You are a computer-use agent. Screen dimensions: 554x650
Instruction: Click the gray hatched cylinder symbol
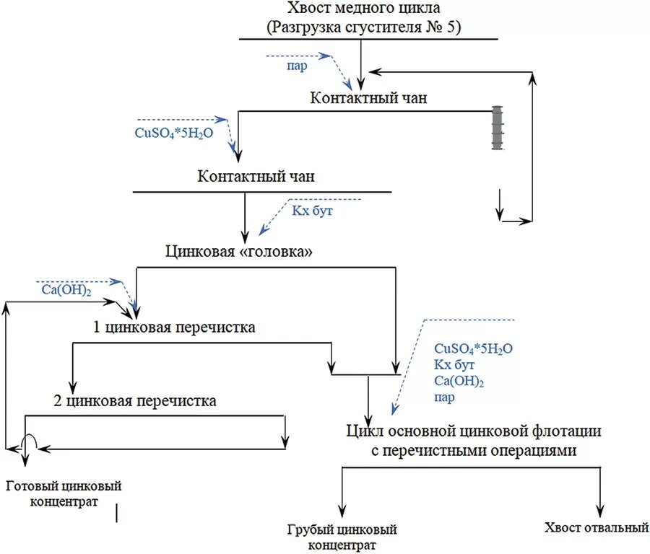click(x=497, y=128)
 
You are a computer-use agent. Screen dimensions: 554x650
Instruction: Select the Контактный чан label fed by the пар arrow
click(x=368, y=98)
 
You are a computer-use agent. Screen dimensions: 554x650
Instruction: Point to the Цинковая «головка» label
click(x=240, y=252)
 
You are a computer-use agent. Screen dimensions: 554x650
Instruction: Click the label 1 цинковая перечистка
click(x=174, y=327)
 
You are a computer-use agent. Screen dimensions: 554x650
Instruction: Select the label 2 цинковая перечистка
click(x=135, y=401)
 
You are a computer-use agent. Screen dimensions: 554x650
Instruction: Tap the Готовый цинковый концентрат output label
click(x=64, y=493)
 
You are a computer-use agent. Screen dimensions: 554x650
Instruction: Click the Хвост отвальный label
click(x=597, y=528)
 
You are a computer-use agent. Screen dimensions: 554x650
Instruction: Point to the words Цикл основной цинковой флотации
click(x=473, y=432)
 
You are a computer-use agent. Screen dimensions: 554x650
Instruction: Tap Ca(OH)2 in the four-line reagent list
click(x=459, y=381)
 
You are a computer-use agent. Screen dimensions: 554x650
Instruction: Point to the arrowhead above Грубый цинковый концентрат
click(x=342, y=514)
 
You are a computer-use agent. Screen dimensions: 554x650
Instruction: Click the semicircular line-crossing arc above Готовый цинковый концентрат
click(x=27, y=440)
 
